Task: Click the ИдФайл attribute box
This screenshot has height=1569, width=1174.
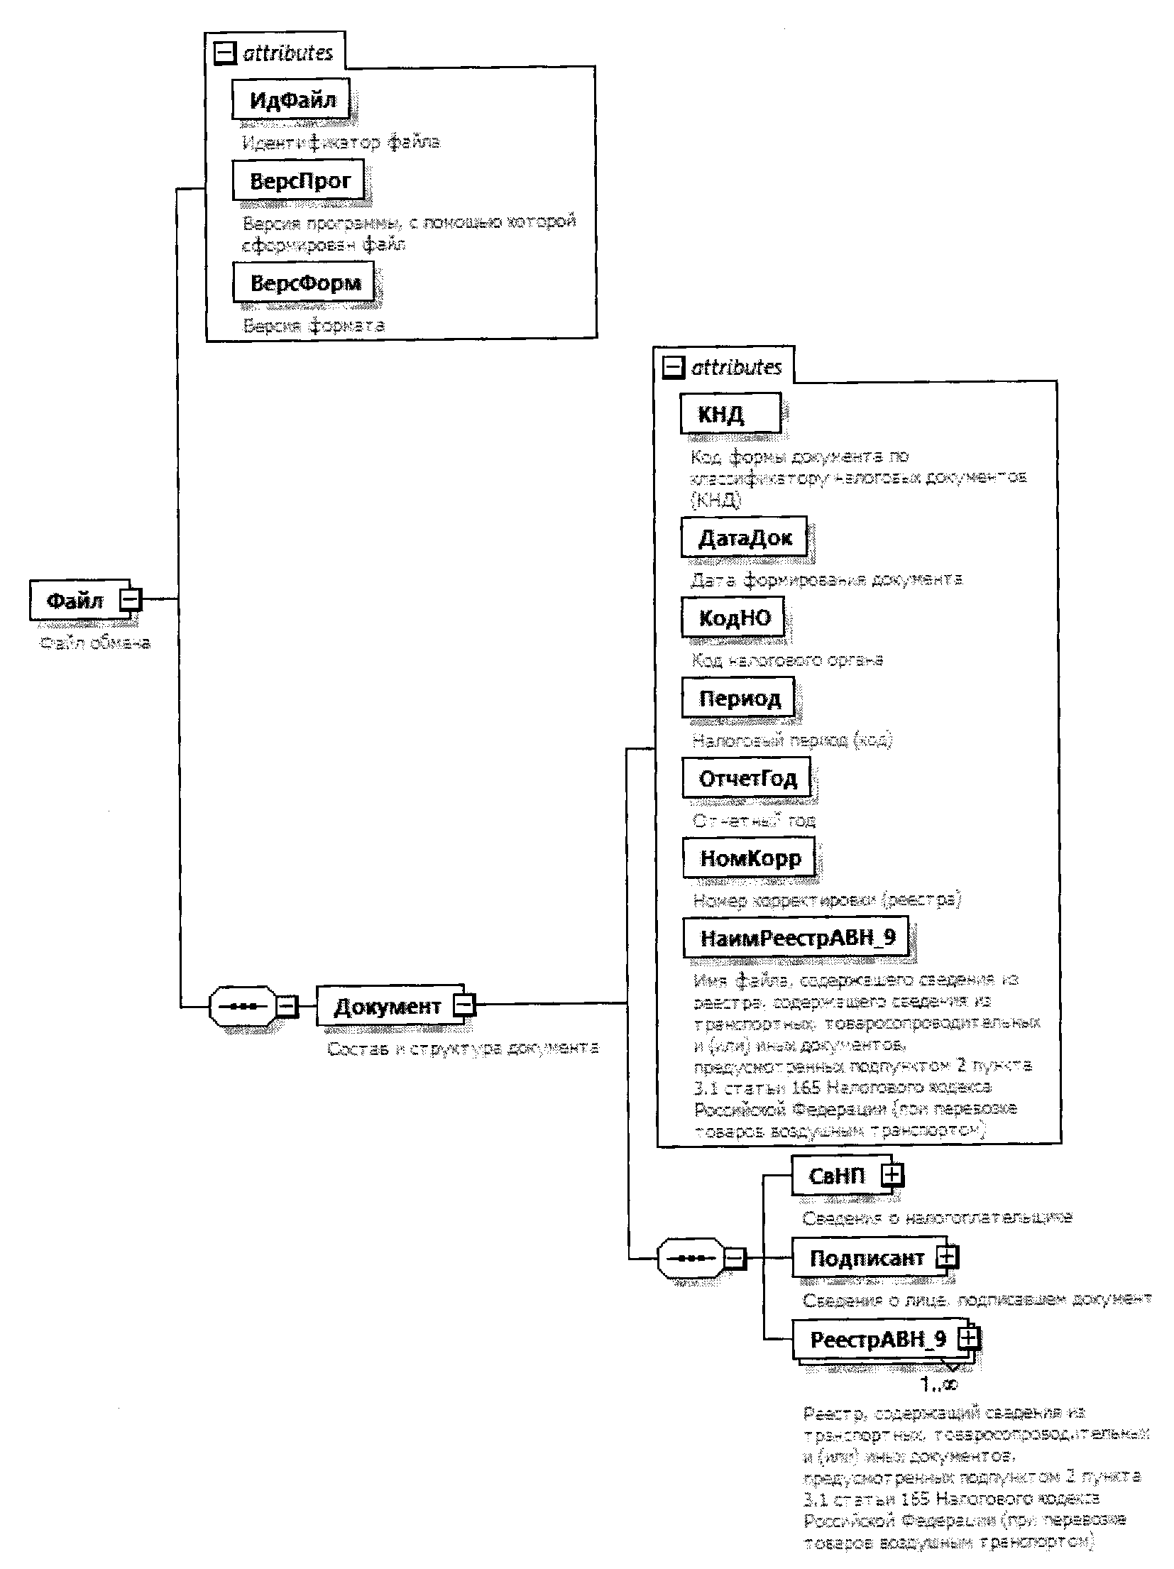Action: tap(292, 100)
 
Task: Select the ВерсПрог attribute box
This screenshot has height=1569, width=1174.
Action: tap(299, 180)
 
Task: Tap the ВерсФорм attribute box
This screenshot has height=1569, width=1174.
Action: tap(304, 283)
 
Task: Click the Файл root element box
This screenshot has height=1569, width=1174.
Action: tap(75, 600)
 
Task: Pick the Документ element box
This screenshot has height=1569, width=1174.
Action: tap(387, 1005)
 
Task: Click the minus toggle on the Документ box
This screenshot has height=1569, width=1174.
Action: tap(465, 1005)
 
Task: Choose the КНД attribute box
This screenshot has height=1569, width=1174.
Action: tap(730, 414)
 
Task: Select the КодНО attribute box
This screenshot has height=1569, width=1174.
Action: tap(734, 618)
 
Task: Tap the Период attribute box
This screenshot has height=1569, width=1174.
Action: tap(739, 698)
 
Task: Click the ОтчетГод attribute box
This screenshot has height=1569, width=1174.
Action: tap(747, 778)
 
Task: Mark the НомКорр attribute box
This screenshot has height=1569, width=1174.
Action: tap(750, 858)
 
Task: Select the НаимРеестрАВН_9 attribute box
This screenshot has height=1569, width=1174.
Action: tap(797, 938)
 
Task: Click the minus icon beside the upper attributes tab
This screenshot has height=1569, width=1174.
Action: tap(225, 54)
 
